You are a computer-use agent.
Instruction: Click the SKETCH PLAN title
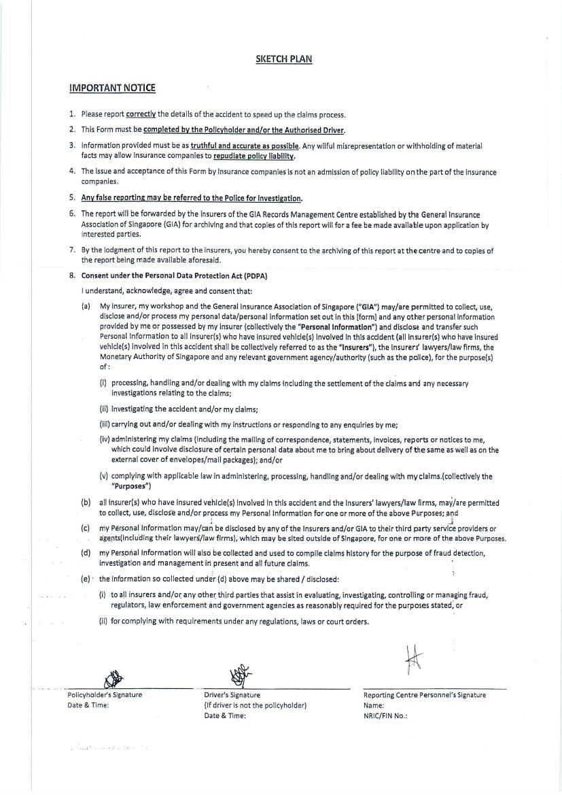(x=283, y=59)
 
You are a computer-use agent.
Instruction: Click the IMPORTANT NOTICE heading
(x=112, y=88)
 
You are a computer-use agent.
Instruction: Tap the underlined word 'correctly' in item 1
(x=141, y=114)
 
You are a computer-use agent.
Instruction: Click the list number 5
(x=72, y=198)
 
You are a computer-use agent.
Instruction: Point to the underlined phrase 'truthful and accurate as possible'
(x=245, y=146)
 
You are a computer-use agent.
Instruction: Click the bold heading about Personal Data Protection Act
(x=174, y=275)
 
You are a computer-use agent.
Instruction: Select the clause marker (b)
(x=86, y=503)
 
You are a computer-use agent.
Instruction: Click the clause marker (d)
(x=86, y=552)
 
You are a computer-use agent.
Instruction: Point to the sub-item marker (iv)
(x=105, y=439)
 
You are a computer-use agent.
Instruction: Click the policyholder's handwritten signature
(x=113, y=678)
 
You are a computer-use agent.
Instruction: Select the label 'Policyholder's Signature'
(x=105, y=694)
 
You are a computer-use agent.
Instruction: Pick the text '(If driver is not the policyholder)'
(x=255, y=705)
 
